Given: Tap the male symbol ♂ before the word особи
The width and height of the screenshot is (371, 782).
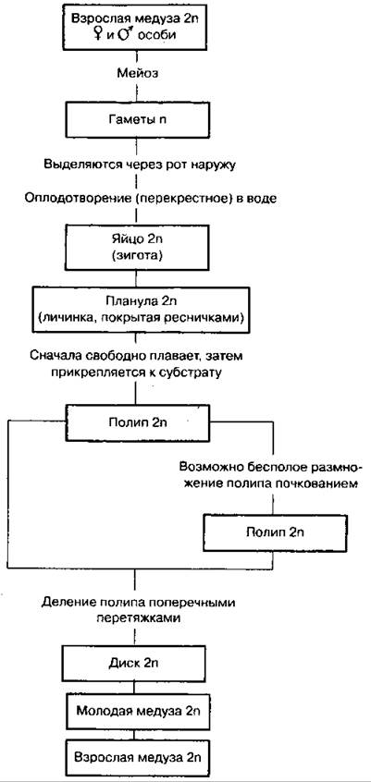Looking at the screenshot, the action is coord(122,35).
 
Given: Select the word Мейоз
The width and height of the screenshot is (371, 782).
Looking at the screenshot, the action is coord(135,73).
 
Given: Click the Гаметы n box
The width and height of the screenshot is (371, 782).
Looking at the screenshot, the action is coord(135,118).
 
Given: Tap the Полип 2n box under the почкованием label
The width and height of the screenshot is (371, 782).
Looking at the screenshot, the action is coord(274,532).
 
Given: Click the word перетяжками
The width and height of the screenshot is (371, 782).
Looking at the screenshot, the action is coord(136,617).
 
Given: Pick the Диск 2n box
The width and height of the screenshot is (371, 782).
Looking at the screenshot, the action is coord(135,664).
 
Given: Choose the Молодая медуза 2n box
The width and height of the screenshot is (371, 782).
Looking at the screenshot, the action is coord(135,710).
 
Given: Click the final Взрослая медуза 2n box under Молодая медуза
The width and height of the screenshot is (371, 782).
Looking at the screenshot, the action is coord(135,755).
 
